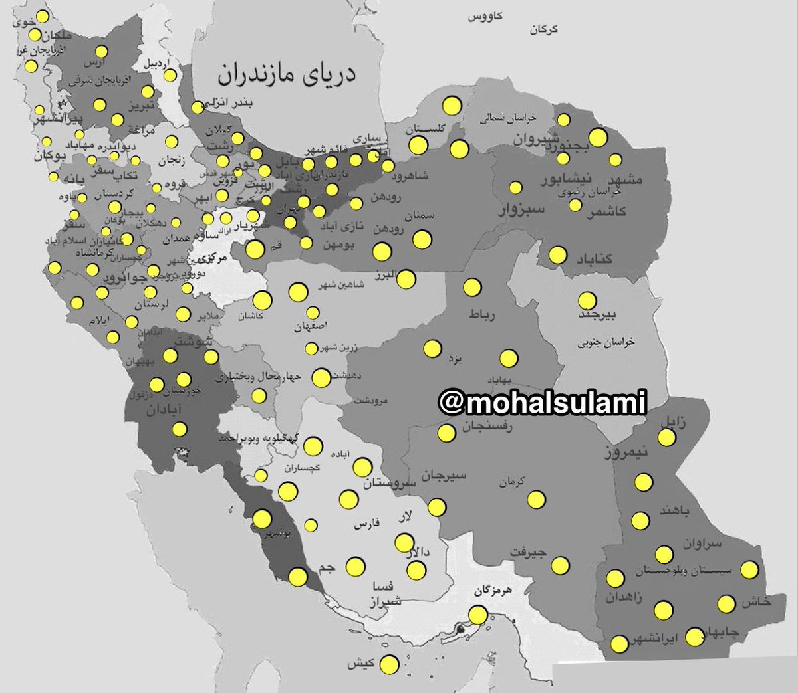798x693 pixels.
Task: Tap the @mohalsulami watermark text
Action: pos(542,402)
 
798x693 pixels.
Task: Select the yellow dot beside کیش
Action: pos(390,664)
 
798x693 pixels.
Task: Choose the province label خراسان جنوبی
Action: pos(606,343)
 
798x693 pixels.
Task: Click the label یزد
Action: pos(455,359)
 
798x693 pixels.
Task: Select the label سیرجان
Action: pos(444,476)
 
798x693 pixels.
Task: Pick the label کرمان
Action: pos(513,481)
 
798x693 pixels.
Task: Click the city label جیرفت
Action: pos(529,551)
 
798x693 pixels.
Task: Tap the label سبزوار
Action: pos(523,209)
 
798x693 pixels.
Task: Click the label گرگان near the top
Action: pos(543,29)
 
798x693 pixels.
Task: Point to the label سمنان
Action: pos(419,215)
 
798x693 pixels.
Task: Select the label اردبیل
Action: pos(158,64)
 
